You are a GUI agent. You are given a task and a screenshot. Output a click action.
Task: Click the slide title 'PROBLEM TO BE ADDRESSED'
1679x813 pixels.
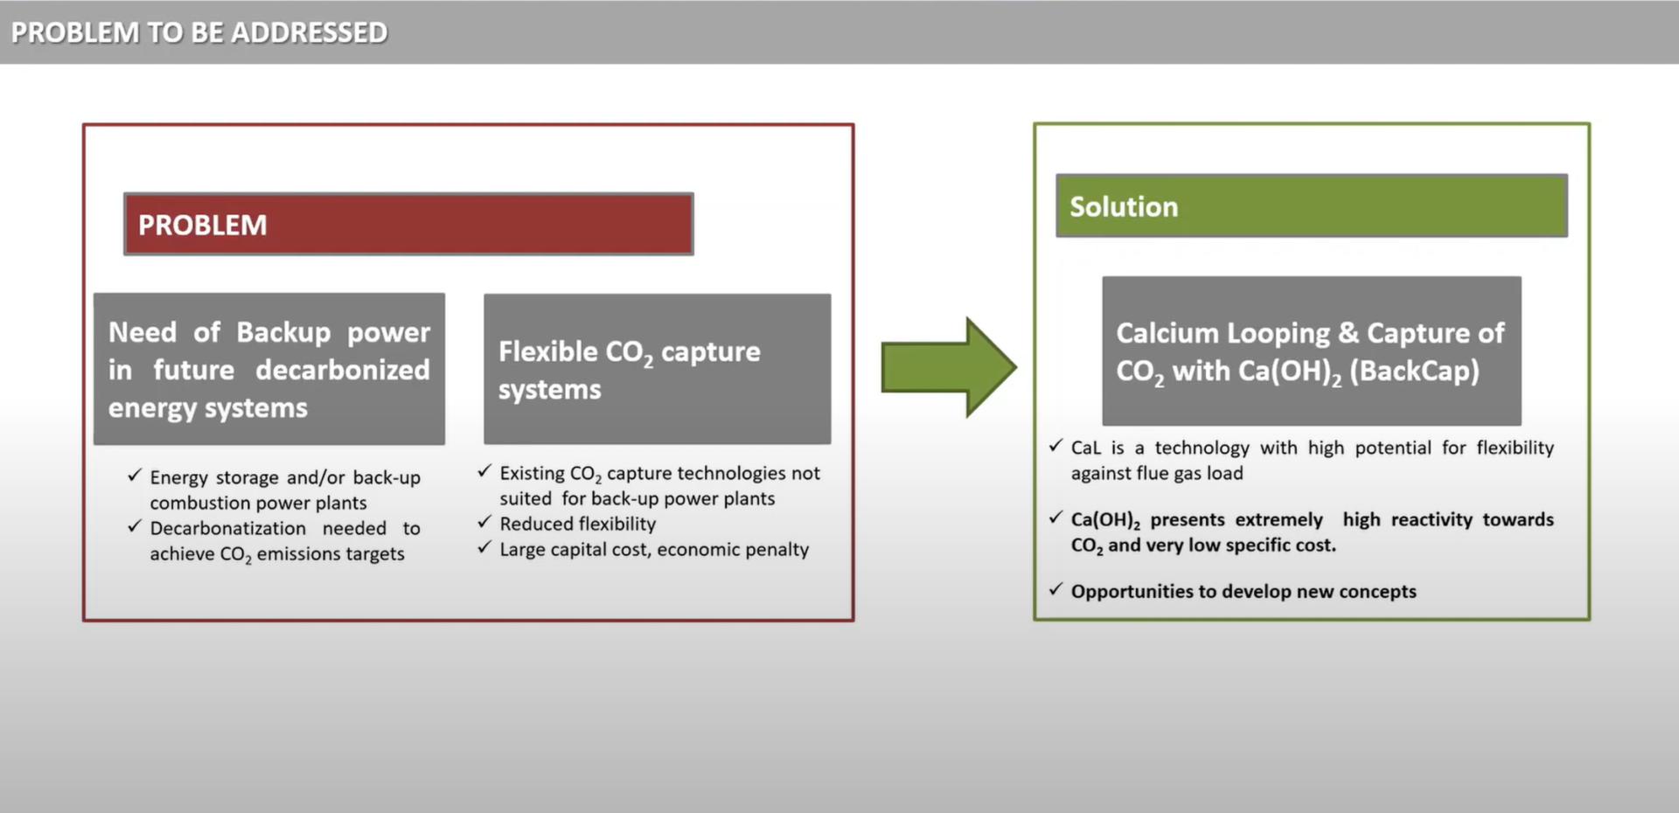(199, 32)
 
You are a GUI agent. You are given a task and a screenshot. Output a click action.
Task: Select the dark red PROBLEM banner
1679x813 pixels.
(408, 224)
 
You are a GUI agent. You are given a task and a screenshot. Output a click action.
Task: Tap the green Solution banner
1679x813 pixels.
(1312, 205)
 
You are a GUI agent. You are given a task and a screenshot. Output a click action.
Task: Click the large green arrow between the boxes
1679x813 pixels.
(949, 367)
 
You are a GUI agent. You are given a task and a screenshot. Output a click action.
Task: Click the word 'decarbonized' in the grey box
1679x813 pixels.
(343, 370)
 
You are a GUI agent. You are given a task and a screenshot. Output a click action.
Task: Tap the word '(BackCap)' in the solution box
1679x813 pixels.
(1414, 371)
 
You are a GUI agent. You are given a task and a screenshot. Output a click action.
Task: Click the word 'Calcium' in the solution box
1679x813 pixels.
(1167, 333)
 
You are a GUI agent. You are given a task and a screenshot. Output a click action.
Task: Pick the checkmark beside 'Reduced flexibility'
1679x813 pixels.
(484, 522)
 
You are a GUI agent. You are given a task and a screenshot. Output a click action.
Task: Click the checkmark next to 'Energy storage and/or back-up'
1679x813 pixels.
(135, 475)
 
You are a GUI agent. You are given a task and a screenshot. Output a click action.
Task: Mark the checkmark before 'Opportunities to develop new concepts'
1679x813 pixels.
(1056, 589)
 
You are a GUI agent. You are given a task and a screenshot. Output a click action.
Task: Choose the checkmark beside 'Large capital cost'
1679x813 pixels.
(484, 547)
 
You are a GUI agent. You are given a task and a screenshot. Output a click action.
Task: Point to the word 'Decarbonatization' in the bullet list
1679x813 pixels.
(228, 528)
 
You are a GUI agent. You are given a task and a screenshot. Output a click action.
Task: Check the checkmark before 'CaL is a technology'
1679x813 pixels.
(1056, 446)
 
